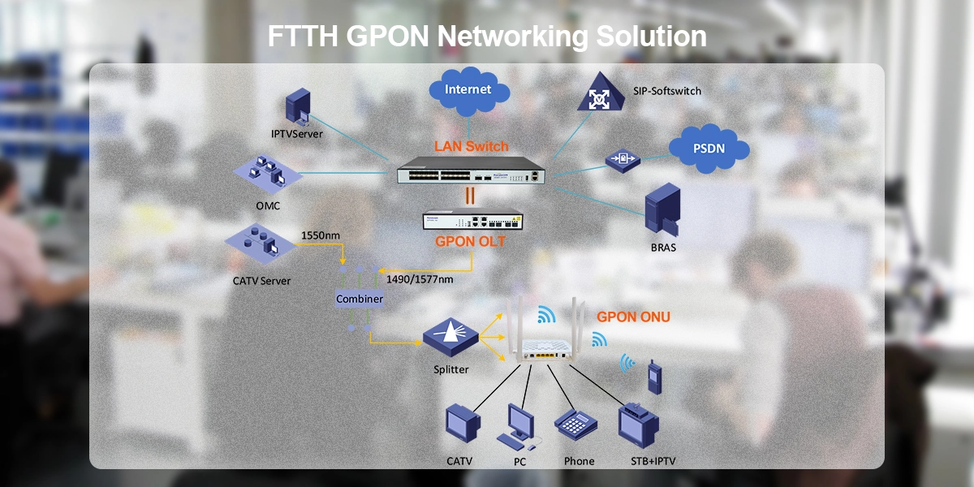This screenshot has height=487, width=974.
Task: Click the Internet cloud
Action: click(468, 90)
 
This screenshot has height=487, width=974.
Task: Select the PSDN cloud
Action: click(708, 148)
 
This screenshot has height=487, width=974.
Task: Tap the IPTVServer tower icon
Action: click(297, 108)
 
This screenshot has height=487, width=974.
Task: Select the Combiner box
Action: click(360, 299)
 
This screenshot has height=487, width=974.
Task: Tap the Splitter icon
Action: click(450, 334)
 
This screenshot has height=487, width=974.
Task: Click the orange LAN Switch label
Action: click(471, 147)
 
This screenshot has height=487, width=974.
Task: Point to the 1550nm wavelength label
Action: click(320, 236)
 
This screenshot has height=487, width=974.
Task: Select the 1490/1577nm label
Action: click(420, 278)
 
